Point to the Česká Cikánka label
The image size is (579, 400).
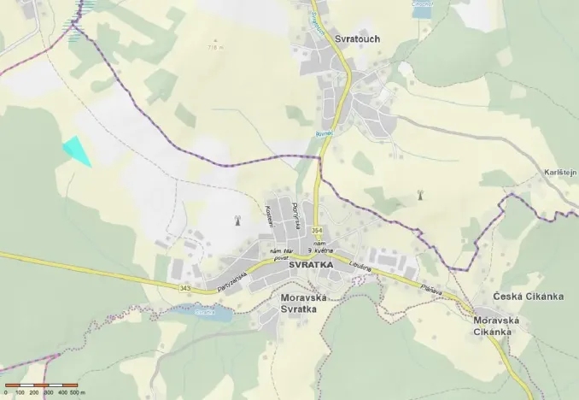point(529,297)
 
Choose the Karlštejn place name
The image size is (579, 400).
point(561,173)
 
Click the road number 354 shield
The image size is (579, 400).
point(317,231)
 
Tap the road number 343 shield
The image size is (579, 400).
point(185,288)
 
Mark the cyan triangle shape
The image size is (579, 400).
point(77,150)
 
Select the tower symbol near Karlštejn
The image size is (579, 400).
point(419,196)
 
